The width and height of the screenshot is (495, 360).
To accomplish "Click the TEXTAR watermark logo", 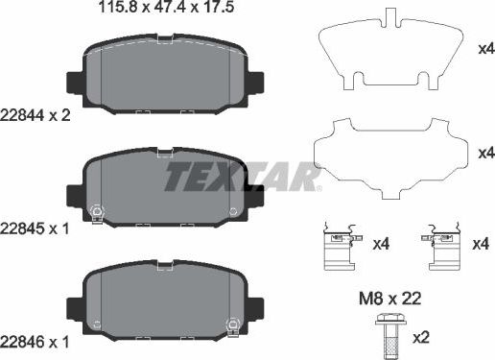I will click(241, 178).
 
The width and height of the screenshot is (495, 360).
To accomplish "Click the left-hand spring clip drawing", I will click(339, 248).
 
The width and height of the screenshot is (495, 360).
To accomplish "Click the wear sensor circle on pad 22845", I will click(96, 213).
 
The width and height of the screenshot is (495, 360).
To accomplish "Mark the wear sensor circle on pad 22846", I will click(230, 325).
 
